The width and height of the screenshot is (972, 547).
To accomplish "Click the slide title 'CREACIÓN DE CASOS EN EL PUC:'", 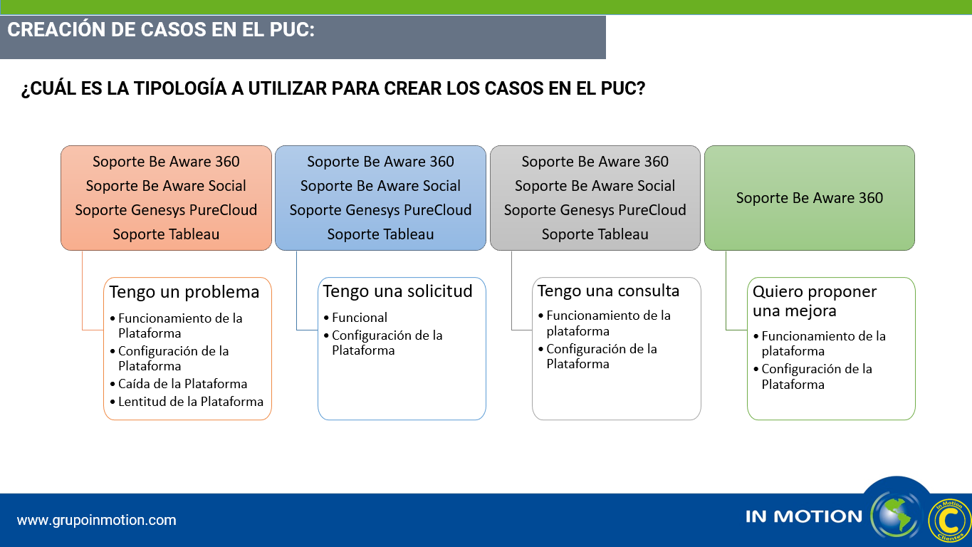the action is (161, 30).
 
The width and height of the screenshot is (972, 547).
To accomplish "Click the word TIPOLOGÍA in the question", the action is (180, 88).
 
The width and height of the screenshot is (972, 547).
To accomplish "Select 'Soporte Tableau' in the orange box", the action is (166, 234).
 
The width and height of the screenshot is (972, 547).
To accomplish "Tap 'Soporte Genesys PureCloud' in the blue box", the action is (380, 210).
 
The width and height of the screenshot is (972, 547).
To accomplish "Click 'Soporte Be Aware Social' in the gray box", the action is (595, 186).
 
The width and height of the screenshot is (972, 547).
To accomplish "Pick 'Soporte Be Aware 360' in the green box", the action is (809, 198).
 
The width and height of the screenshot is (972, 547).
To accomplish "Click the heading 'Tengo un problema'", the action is (184, 292).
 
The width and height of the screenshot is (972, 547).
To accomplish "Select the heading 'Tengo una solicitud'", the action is (397, 291).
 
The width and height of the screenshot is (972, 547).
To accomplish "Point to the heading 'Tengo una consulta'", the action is (608, 291).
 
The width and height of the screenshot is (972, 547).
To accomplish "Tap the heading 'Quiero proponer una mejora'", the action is (815, 301).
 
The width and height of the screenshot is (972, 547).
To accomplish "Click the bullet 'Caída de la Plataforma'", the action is (182, 384).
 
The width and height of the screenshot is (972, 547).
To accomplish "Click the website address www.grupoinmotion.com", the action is (96, 520).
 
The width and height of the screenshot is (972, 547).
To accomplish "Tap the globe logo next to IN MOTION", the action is (896, 516).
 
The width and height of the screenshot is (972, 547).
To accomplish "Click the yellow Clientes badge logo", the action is (949, 521).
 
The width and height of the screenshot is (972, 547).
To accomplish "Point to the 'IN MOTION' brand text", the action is (804, 516).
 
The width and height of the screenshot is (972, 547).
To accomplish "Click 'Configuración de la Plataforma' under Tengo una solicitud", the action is (387, 343).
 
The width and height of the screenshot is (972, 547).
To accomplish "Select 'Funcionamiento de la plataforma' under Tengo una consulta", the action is (608, 323).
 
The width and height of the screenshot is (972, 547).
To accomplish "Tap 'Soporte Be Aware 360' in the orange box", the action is (166, 162).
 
